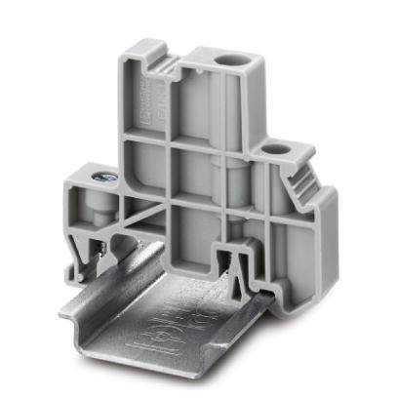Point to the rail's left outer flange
pyautogui.click(x=86, y=309)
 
